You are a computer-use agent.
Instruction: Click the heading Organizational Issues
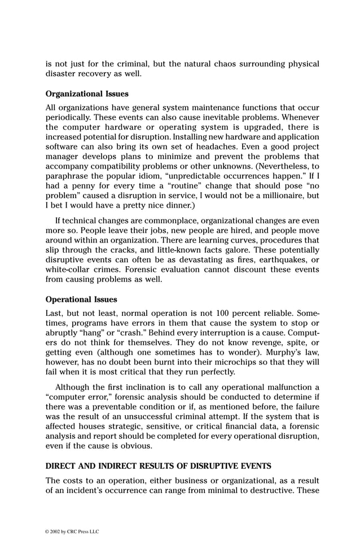(x=87, y=94)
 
